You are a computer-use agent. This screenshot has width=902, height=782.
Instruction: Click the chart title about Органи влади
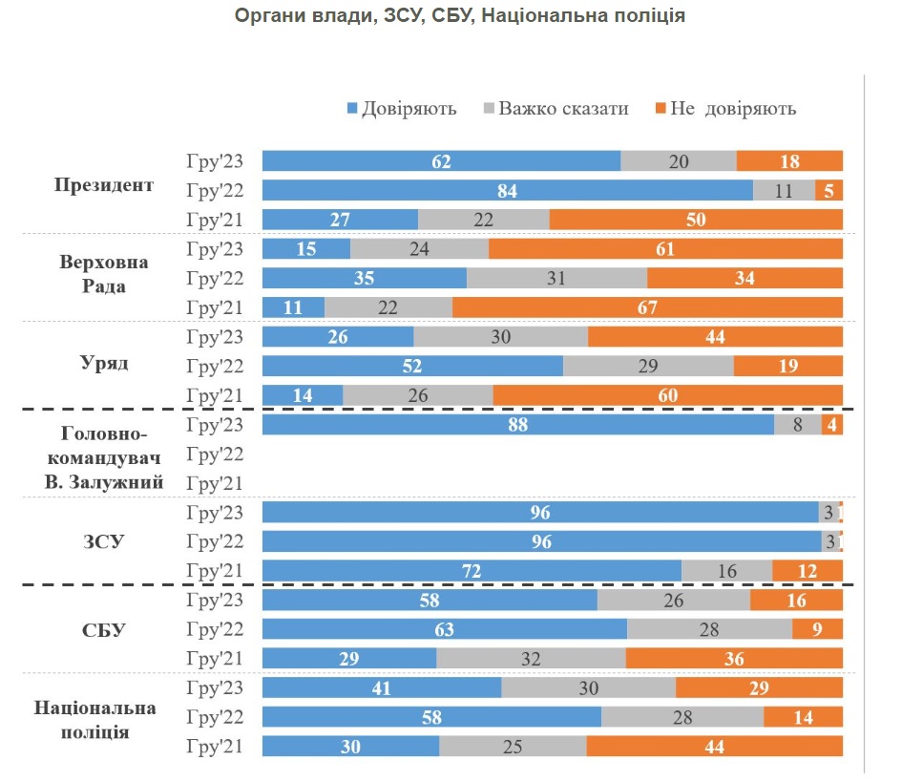click(459, 16)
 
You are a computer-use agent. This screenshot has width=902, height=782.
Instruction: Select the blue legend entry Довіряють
click(401, 108)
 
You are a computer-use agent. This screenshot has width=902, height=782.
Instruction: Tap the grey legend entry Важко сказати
click(556, 108)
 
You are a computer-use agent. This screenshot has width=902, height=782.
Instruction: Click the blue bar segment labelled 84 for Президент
click(507, 190)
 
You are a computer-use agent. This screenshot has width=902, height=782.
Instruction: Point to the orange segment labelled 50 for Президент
click(696, 220)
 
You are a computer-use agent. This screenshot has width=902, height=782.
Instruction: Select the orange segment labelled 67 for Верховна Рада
click(647, 307)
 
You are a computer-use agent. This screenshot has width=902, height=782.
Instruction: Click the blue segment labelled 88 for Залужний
click(517, 425)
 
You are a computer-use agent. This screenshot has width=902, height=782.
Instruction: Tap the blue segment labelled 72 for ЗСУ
click(472, 571)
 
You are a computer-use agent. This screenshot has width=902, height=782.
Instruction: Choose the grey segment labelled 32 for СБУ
click(531, 659)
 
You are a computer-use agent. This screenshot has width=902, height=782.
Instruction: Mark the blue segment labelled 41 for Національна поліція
click(382, 687)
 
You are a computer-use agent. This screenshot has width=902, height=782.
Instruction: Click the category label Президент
click(104, 185)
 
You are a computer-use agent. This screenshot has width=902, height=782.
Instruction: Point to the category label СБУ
click(105, 630)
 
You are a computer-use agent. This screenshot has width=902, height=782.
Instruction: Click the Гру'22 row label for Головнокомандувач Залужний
click(216, 454)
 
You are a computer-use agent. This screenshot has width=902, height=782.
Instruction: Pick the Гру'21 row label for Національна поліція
click(216, 747)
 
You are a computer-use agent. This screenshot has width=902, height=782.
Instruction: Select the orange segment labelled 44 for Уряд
click(715, 337)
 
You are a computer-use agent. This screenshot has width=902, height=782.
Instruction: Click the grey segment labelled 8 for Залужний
click(798, 425)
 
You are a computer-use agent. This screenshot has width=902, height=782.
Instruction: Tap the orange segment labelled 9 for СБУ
click(817, 629)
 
